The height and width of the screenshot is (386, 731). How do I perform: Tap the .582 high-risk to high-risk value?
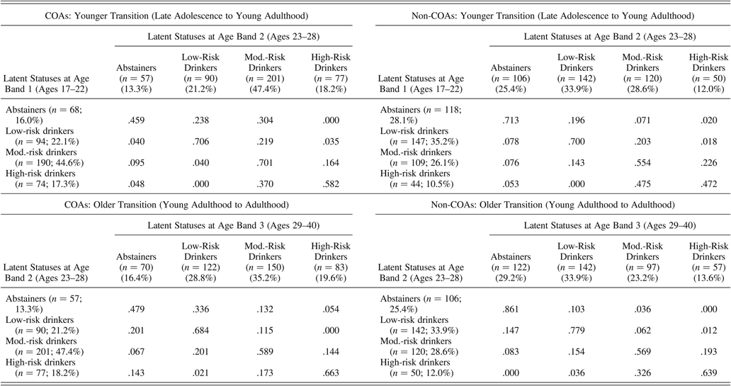pyautogui.click(x=313, y=181)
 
